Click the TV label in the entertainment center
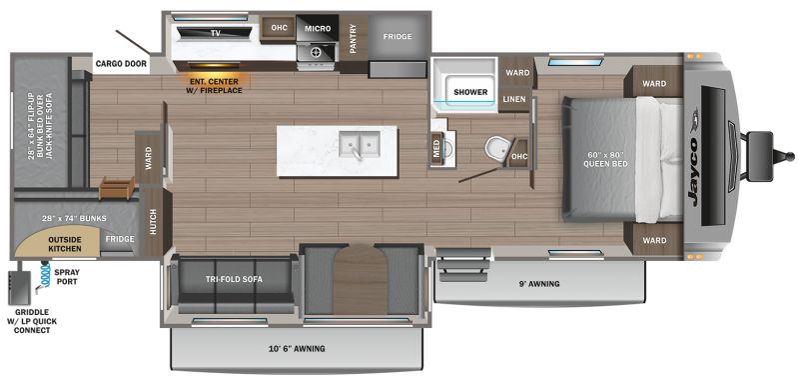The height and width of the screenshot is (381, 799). (215, 33)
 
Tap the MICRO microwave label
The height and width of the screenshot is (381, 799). (318, 29)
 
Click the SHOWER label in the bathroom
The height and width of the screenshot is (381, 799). (470, 92)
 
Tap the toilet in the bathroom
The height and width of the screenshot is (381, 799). (494, 148)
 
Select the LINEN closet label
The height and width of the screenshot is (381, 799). (514, 99)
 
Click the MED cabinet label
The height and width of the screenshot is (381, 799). (436, 148)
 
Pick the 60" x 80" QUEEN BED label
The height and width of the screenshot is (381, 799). (605, 159)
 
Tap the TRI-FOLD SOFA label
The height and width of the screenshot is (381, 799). (234, 280)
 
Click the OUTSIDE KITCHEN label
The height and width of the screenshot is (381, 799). (65, 244)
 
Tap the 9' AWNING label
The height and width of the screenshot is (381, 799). (539, 284)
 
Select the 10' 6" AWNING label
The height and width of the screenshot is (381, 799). (297, 349)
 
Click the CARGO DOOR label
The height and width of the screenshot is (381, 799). (121, 64)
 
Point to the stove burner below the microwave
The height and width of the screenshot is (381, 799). (316, 52)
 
